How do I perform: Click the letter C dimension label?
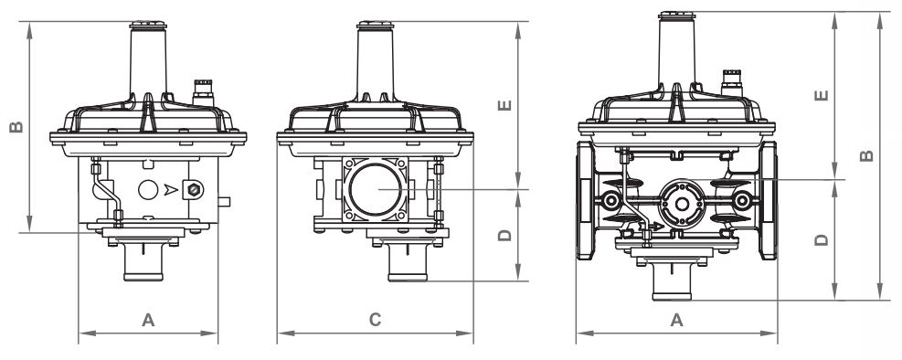point(375,320)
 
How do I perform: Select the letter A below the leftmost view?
point(148,320)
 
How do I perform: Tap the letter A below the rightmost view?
point(677,320)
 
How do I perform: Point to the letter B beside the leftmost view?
point(16,126)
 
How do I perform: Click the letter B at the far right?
point(866,155)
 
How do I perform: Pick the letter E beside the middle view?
point(504,105)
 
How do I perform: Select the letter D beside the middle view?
point(504,235)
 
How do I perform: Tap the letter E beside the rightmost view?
point(822,95)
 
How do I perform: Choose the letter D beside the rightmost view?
point(822,239)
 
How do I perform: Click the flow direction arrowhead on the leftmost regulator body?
point(171,189)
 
